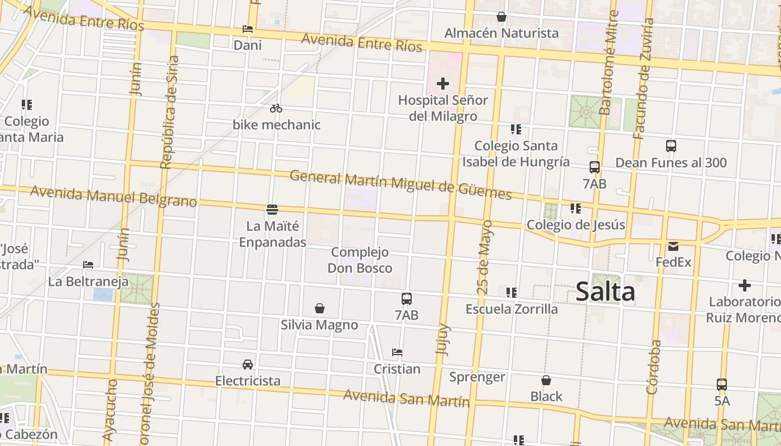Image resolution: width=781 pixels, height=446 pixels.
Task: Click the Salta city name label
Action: tap(605, 292)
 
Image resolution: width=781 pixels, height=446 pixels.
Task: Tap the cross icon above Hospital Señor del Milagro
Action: tap(443, 84)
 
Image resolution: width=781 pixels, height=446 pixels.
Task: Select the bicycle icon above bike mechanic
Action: tap(276, 108)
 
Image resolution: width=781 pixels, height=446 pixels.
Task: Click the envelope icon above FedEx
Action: tap(673, 246)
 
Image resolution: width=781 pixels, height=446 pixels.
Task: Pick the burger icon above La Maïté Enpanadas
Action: tap(272, 210)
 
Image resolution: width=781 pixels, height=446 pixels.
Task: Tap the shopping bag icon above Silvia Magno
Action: tap(320, 308)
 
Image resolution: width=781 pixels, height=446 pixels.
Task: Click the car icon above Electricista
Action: tap(248, 365)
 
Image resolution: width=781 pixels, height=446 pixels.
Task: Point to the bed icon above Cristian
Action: tap(397, 352)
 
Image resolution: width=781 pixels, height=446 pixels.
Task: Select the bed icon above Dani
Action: tap(248, 29)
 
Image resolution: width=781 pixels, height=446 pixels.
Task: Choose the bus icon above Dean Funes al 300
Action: tap(671, 146)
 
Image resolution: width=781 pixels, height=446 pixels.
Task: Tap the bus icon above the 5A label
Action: tap(722, 385)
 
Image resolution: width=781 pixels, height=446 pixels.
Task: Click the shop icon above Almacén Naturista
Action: tap(502, 17)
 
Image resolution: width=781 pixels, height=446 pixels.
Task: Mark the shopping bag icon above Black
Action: tap(546, 380)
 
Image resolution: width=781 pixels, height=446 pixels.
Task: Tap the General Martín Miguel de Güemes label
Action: tap(401, 185)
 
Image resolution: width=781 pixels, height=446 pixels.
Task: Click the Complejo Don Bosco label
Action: tap(359, 260)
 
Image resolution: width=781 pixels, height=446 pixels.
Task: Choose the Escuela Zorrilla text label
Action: tap(512, 309)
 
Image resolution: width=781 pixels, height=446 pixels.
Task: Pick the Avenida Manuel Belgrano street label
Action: tap(114, 196)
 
